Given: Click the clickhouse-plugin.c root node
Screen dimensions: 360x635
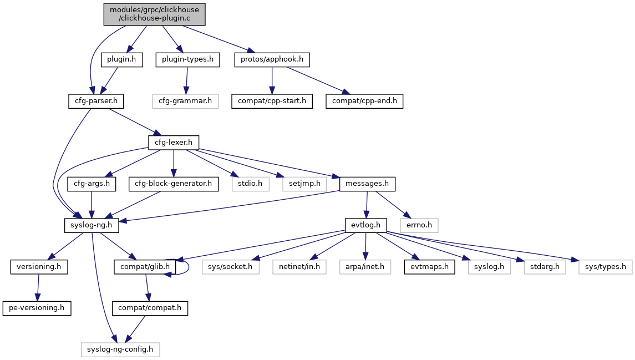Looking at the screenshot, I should [155, 14].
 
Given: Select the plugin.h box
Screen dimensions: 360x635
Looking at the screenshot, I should [121, 59].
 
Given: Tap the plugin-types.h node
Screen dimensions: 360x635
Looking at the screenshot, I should [188, 59].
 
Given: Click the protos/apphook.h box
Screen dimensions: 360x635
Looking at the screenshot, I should [272, 59].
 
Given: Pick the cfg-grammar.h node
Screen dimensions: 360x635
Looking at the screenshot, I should [186, 101].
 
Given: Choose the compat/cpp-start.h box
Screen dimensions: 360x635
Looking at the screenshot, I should [272, 101].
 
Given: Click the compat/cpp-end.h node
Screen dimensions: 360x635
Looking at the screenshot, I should [364, 101].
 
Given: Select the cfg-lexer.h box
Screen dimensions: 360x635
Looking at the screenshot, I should [174, 143].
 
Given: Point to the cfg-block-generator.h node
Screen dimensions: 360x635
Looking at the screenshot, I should [174, 184].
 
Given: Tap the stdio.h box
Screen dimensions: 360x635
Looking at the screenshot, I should [250, 184].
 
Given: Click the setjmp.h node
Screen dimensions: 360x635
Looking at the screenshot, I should [304, 184].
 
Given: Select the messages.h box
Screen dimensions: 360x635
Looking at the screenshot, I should [367, 184].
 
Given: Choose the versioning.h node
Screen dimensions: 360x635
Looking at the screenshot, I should [39, 267].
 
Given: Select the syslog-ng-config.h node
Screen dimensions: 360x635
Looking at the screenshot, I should [120, 349].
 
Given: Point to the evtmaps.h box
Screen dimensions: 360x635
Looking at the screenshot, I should [429, 267].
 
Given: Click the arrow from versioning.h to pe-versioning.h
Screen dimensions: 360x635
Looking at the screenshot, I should [38, 287].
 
